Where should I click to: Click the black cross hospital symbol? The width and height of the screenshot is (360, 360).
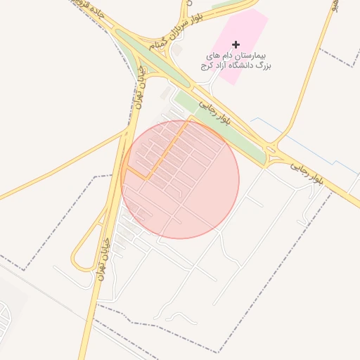click(236, 44)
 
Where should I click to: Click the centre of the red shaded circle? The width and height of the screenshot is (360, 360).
click(181, 179)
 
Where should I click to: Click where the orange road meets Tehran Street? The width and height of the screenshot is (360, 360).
click(126, 167)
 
